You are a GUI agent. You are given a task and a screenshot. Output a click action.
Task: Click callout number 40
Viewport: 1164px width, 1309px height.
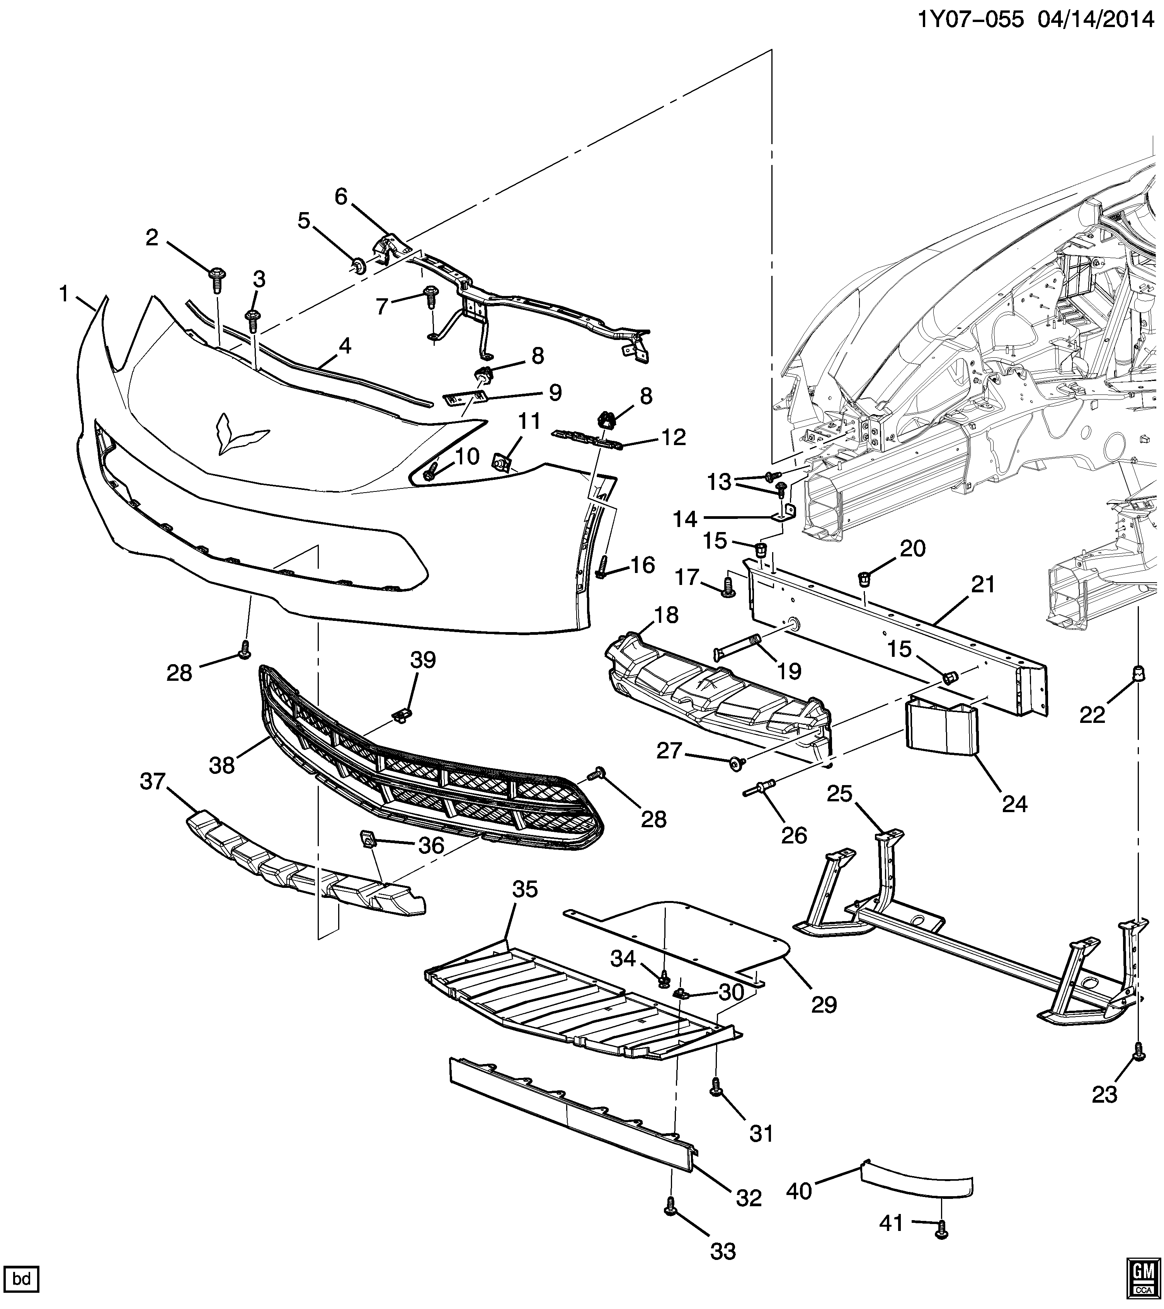(x=799, y=1191)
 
